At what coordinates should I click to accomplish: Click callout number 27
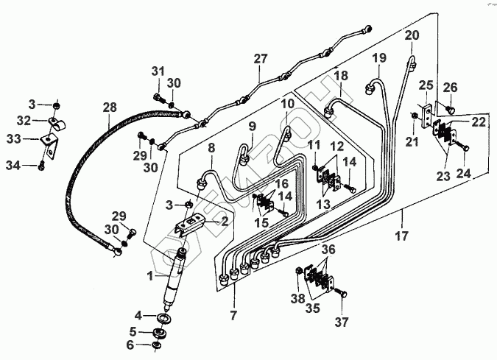click(258, 58)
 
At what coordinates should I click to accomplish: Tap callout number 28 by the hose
click(109, 107)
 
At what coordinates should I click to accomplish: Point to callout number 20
click(412, 36)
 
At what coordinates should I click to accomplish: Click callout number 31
click(156, 71)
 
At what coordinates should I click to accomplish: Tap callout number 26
click(450, 88)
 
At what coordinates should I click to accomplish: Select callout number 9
click(251, 126)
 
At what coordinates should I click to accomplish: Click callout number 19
click(378, 58)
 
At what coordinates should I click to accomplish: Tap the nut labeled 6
click(156, 345)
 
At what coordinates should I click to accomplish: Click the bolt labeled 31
click(158, 96)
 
